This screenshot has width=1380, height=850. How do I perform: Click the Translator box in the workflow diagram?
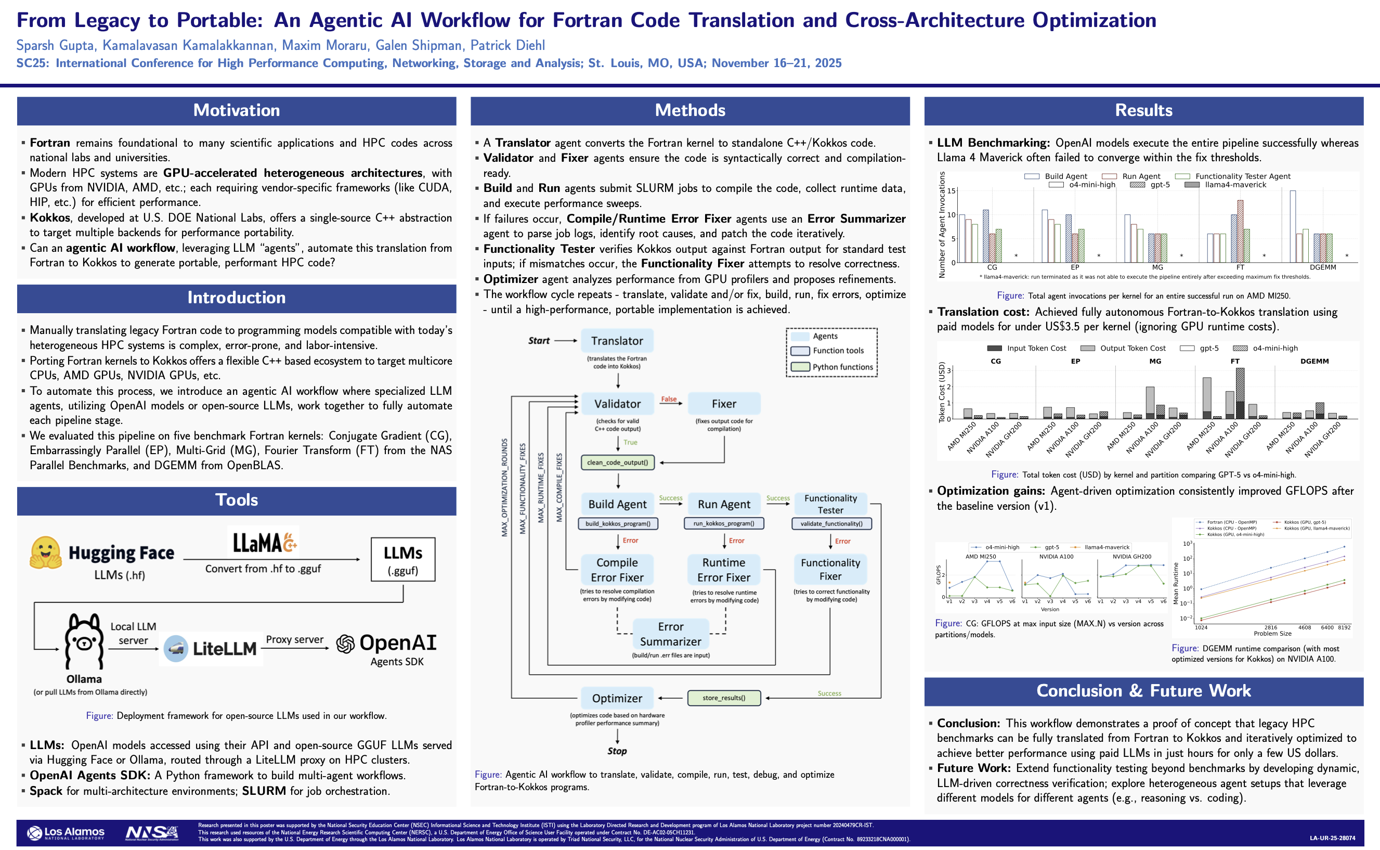point(617,341)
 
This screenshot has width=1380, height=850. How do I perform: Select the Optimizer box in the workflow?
point(617,698)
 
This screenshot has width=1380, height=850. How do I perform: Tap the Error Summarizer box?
point(670,634)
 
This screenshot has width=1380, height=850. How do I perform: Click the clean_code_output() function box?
point(617,462)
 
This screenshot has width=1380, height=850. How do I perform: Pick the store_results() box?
point(724,698)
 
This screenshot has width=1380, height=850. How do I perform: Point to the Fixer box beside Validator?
point(724,404)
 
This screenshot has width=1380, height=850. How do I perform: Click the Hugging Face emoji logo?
point(46,552)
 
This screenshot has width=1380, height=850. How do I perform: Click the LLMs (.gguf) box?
point(403,560)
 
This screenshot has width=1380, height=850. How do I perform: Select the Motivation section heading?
point(237,110)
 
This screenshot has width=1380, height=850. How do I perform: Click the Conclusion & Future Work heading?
point(1143,691)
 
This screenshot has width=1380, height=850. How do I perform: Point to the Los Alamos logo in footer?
point(67,832)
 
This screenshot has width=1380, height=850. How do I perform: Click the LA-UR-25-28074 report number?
point(1332,838)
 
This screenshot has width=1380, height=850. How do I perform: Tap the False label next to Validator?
point(669,399)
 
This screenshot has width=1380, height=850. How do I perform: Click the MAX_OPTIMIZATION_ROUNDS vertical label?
point(504,487)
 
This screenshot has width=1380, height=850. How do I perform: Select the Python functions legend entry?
point(842,367)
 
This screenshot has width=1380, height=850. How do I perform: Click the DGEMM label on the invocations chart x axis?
point(1323,267)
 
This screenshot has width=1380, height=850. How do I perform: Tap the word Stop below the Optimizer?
point(617,751)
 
